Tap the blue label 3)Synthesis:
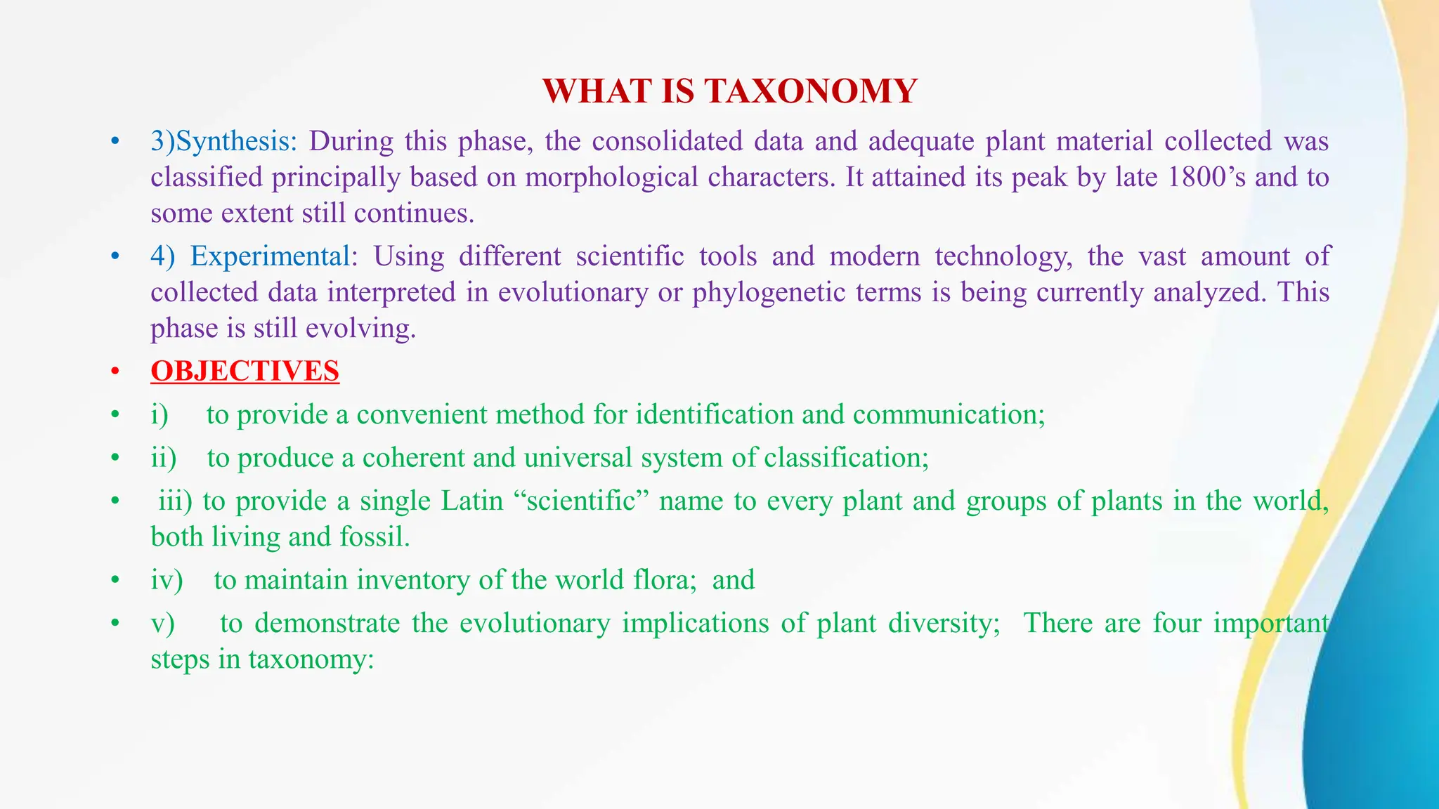click(224, 141)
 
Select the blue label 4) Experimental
click(250, 256)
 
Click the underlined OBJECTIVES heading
click(245, 371)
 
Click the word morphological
click(611, 177)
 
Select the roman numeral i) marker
click(159, 414)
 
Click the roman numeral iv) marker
click(167, 580)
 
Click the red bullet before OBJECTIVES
click(115, 371)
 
